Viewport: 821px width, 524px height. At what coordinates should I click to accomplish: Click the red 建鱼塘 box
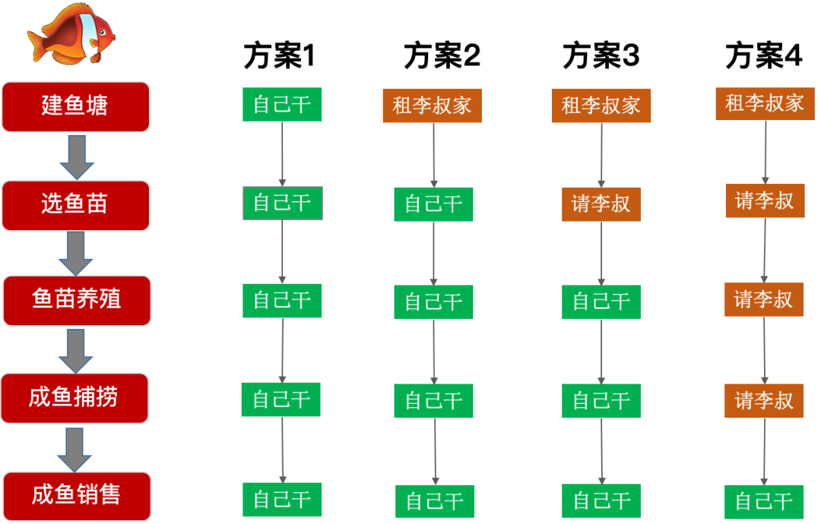click(75, 106)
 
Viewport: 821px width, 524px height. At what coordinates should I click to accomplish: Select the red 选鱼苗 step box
click(75, 205)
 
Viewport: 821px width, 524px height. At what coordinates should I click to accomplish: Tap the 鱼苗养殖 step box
click(77, 300)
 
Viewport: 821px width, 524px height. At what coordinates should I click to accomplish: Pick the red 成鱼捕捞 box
click(74, 397)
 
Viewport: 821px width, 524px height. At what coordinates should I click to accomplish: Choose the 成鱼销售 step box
click(77, 496)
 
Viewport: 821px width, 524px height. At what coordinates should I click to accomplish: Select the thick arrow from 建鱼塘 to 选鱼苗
click(77, 156)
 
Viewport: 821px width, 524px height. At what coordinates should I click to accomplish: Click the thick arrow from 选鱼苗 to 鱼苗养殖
click(75, 253)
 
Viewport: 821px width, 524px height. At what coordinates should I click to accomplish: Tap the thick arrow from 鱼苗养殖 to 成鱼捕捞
click(75, 350)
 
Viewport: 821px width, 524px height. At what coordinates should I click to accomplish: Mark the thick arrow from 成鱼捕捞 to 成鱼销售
click(74, 449)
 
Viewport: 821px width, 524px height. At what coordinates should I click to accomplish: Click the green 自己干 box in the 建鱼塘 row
click(282, 104)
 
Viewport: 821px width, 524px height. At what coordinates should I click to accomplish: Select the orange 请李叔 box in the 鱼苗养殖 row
click(763, 299)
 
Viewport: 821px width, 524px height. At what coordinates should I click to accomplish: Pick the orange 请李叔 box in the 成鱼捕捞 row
click(763, 400)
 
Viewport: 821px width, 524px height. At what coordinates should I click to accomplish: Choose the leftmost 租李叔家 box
click(432, 106)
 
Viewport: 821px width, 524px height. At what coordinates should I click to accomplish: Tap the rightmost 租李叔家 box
click(764, 103)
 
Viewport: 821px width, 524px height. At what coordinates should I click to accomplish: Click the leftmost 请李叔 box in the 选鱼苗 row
click(601, 204)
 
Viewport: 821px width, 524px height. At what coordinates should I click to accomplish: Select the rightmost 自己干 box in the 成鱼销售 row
click(764, 501)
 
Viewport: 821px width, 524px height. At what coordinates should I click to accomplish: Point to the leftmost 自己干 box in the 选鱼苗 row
click(282, 203)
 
